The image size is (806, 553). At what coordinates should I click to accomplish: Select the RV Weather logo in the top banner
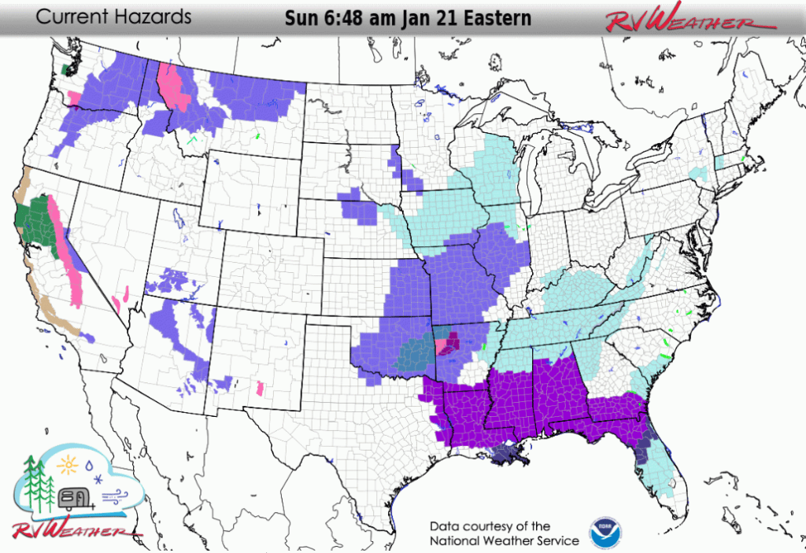[x=680, y=19]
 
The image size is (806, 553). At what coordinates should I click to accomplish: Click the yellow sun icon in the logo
[x=67, y=466]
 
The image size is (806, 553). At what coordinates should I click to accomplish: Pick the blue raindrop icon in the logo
[x=88, y=463]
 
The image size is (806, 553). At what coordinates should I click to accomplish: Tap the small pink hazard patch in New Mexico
[x=260, y=388]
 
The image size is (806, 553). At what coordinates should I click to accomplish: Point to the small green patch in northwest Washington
[x=65, y=68]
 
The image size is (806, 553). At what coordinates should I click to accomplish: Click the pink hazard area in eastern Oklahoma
[x=446, y=344]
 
